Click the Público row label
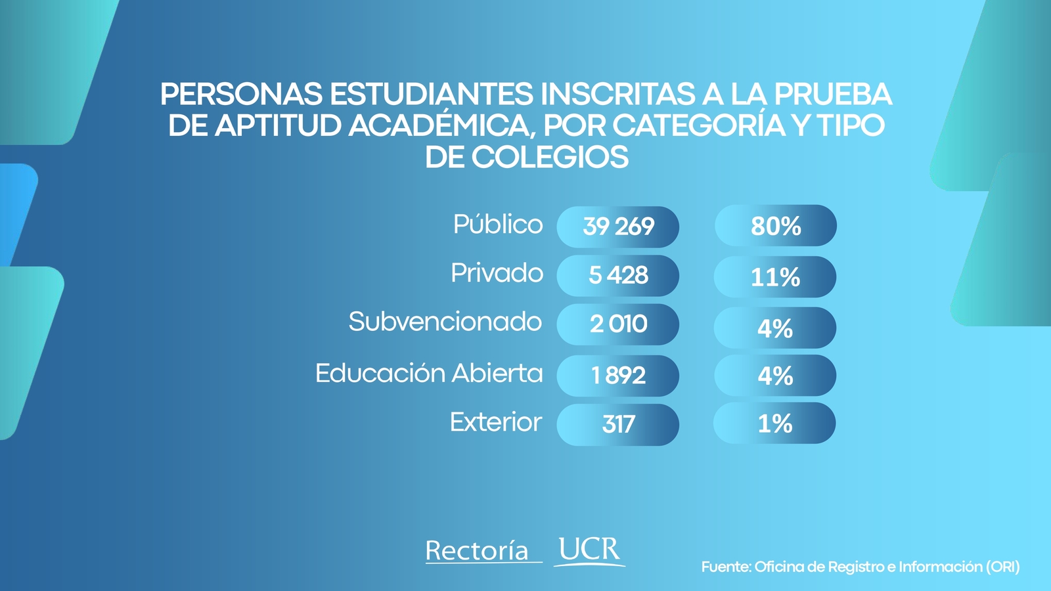[498, 225]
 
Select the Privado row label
[497, 273]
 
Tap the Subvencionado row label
[445, 322]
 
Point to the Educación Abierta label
[429, 373]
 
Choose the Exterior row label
[495, 422]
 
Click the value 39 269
[617, 227]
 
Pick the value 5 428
[617, 275]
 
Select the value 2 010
[617, 324]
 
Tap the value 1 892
[617, 375]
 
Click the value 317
[617, 424]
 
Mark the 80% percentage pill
[775, 226]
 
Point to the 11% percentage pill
[775, 277]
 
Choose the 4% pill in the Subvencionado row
[775, 328]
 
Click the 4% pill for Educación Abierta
[775, 376]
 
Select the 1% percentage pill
[775, 424]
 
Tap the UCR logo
[589, 550]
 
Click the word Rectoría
[478, 550]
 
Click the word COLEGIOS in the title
[549, 158]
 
